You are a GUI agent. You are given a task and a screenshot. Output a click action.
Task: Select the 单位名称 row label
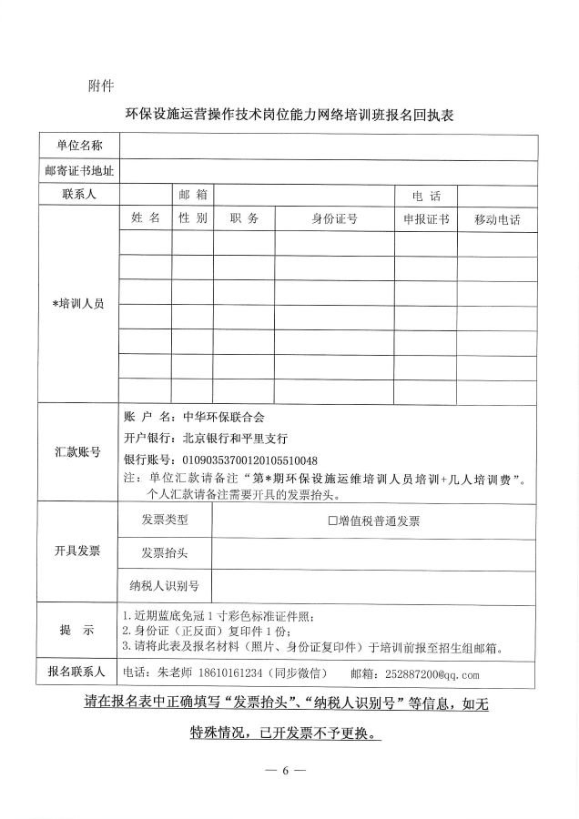(78, 146)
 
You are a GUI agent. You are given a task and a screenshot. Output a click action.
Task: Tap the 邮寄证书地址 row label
(78, 170)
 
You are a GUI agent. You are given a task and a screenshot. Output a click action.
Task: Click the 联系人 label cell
(78, 194)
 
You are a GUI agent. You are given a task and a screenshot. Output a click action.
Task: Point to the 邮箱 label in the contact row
(193, 194)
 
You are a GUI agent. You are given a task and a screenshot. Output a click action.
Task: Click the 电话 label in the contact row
(425, 196)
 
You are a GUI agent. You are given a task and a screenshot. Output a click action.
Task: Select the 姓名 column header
(145, 218)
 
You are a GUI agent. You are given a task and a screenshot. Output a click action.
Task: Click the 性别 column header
(193, 218)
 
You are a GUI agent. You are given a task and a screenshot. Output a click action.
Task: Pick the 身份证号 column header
(334, 219)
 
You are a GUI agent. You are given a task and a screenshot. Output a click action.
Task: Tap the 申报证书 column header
(426, 219)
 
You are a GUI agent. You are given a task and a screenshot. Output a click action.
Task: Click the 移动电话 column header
(497, 219)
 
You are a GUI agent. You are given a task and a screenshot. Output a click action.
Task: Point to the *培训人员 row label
(78, 303)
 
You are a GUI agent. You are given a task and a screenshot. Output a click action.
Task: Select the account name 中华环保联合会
(223, 417)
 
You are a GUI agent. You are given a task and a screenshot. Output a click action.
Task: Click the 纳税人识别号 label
(165, 585)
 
